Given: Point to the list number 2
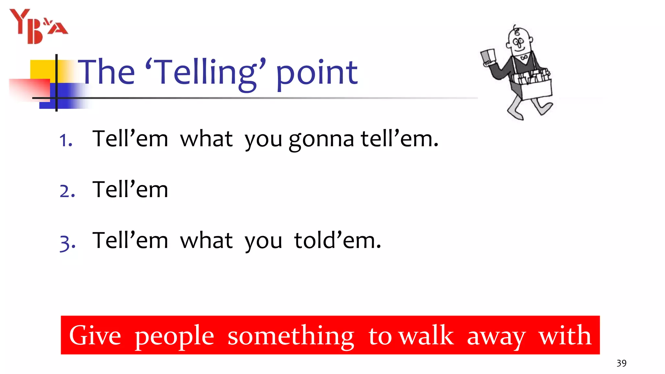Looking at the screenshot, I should click(67, 191).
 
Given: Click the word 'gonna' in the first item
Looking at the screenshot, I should click(321, 140).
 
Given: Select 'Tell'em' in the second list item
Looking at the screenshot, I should click(130, 190).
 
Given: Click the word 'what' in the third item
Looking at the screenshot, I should click(206, 241).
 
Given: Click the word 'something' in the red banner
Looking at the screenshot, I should click(291, 336).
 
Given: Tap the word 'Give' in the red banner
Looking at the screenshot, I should click(95, 336).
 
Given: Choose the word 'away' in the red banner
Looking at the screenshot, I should click(496, 336).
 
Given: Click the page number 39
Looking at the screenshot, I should click(621, 363).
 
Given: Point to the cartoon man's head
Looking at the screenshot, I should click(519, 41).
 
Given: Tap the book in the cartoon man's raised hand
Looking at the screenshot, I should click(488, 56).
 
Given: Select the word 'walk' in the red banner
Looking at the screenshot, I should click(426, 336).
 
